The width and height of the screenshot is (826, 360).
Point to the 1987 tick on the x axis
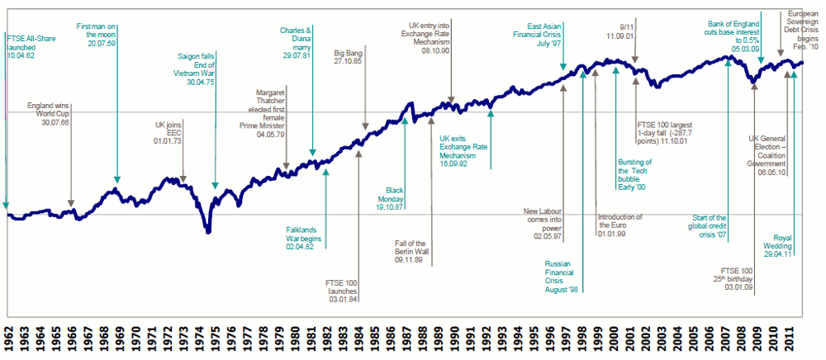405,339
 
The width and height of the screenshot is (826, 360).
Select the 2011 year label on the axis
791,339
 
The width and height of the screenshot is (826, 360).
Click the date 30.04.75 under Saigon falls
197,82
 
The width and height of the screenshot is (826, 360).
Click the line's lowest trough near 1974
208,232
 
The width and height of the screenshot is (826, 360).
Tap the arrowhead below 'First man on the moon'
117,180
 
